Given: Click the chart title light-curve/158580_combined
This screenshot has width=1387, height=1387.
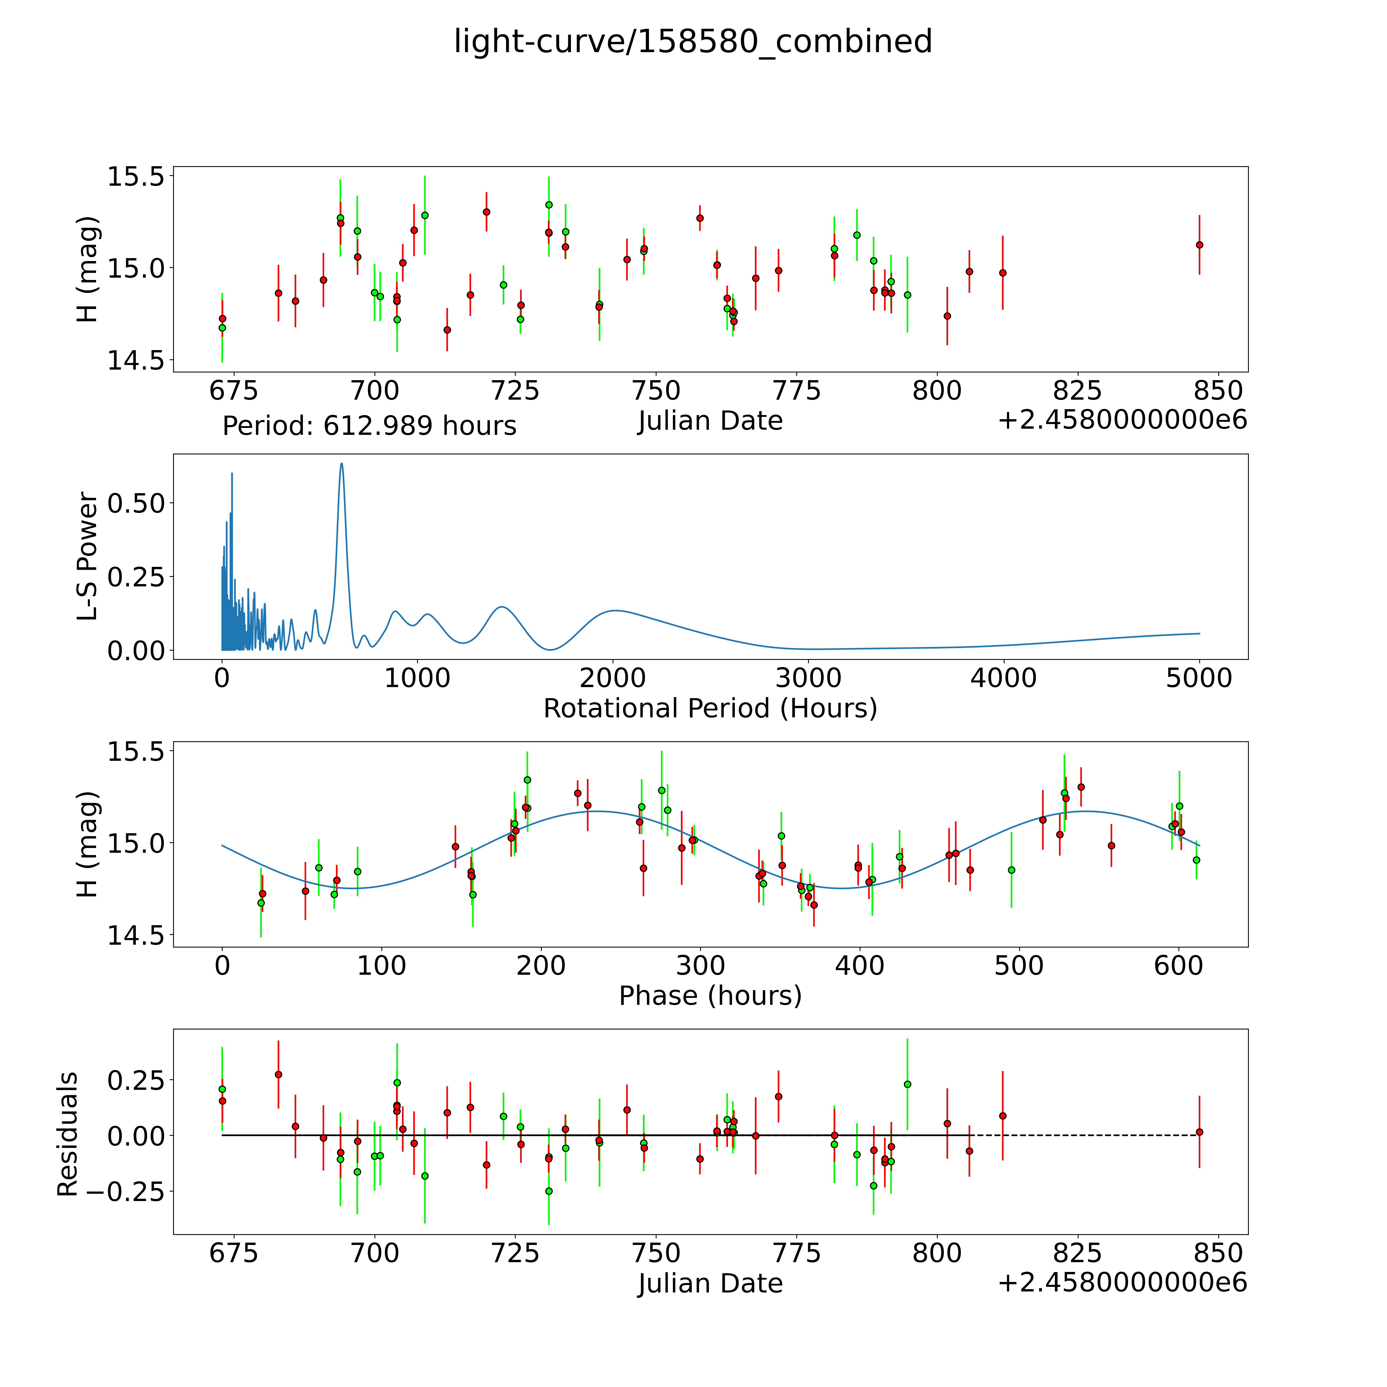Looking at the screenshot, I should click(x=693, y=42).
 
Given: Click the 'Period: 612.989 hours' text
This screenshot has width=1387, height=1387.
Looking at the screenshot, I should click(x=369, y=426).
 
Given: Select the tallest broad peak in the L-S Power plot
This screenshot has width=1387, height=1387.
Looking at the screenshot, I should click(x=342, y=464).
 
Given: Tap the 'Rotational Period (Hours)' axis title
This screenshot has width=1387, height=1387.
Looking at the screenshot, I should click(x=710, y=709).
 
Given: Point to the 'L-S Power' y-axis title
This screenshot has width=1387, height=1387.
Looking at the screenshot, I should click(x=88, y=556).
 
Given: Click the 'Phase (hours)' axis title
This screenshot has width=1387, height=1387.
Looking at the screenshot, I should click(x=710, y=996).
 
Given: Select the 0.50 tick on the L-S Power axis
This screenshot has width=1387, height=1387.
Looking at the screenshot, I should click(x=136, y=503).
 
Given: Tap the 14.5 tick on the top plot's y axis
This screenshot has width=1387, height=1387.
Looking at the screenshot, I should click(x=136, y=360).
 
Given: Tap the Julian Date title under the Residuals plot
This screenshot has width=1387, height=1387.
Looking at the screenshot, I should click(x=710, y=1283).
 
